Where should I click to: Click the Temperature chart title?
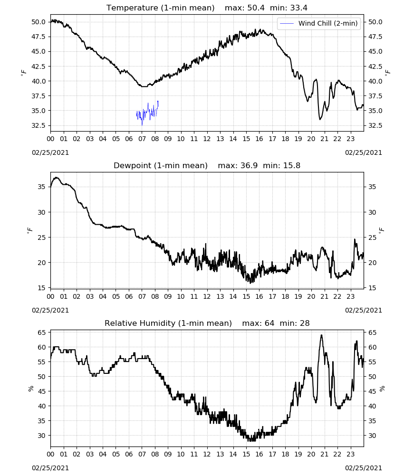[x=207, y=8]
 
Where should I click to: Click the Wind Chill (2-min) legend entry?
[x=319, y=23]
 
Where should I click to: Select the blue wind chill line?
[x=148, y=113]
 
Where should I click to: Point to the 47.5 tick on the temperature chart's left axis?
[x=38, y=37]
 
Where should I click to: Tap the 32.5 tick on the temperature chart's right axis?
[x=375, y=125]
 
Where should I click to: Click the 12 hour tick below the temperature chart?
[x=207, y=139]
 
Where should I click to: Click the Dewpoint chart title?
[x=207, y=165]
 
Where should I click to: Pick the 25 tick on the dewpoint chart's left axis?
[x=41, y=237]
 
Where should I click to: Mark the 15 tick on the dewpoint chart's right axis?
[x=372, y=288]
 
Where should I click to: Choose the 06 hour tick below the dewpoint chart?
[x=129, y=296]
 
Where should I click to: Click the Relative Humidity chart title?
[x=207, y=323]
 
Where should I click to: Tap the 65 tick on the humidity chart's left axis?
[x=41, y=332]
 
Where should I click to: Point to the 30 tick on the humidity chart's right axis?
[x=372, y=435]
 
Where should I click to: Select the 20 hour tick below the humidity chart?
[x=311, y=454]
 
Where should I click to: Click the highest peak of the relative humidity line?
[x=322, y=335]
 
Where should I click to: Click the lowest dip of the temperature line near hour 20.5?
[x=320, y=119]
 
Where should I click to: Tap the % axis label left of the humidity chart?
[x=30, y=389]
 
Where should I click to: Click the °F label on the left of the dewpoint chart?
[x=29, y=231]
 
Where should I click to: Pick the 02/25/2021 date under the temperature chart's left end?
[x=50, y=152]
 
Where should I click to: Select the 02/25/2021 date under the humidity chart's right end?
[x=364, y=468]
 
